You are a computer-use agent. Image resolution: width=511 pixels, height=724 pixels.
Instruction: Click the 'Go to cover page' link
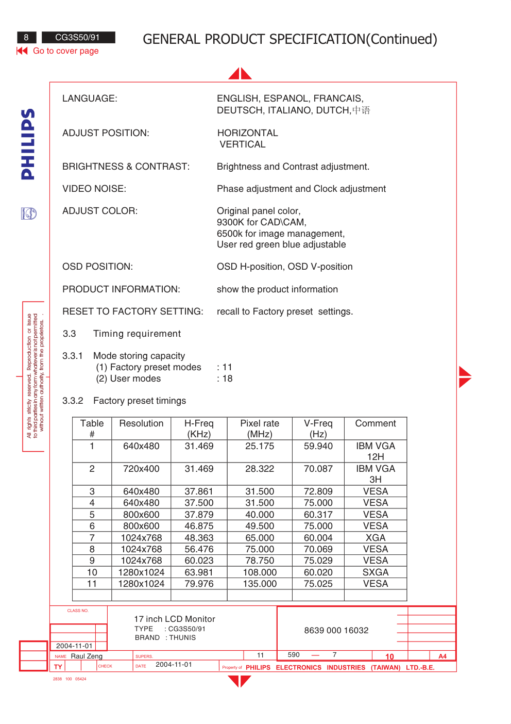(65, 51)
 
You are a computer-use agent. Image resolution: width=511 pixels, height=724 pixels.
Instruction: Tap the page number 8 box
(26, 37)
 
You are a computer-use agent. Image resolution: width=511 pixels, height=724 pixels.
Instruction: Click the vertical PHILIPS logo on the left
(28, 144)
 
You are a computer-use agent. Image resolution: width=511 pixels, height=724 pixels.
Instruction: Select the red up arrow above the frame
(240, 74)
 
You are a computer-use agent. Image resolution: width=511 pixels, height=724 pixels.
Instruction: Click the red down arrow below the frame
(240, 681)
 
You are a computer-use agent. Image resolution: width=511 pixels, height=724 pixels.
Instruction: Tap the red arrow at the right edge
(465, 377)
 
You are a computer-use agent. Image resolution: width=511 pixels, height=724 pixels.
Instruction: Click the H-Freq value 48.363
(199, 538)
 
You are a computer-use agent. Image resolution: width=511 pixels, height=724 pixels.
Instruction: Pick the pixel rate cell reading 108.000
(260, 572)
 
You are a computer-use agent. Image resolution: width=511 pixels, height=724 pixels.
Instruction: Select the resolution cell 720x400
(141, 469)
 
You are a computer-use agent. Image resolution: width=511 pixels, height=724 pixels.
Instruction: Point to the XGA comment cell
(376, 538)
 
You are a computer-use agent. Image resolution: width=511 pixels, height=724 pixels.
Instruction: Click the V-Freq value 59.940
(318, 446)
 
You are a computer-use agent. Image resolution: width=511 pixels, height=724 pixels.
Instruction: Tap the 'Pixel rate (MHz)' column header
(260, 429)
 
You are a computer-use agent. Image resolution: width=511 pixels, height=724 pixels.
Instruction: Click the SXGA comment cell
(376, 572)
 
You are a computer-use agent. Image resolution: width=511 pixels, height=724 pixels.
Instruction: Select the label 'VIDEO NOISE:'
(94, 189)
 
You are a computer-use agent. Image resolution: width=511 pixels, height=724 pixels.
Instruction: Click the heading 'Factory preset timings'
(140, 401)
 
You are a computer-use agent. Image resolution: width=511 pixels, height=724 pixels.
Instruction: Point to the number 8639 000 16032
(336, 630)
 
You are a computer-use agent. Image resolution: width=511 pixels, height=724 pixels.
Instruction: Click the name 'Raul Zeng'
(87, 656)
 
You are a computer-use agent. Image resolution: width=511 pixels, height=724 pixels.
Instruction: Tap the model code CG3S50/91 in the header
(77, 37)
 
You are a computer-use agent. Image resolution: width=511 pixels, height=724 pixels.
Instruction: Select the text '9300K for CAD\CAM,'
(262, 222)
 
